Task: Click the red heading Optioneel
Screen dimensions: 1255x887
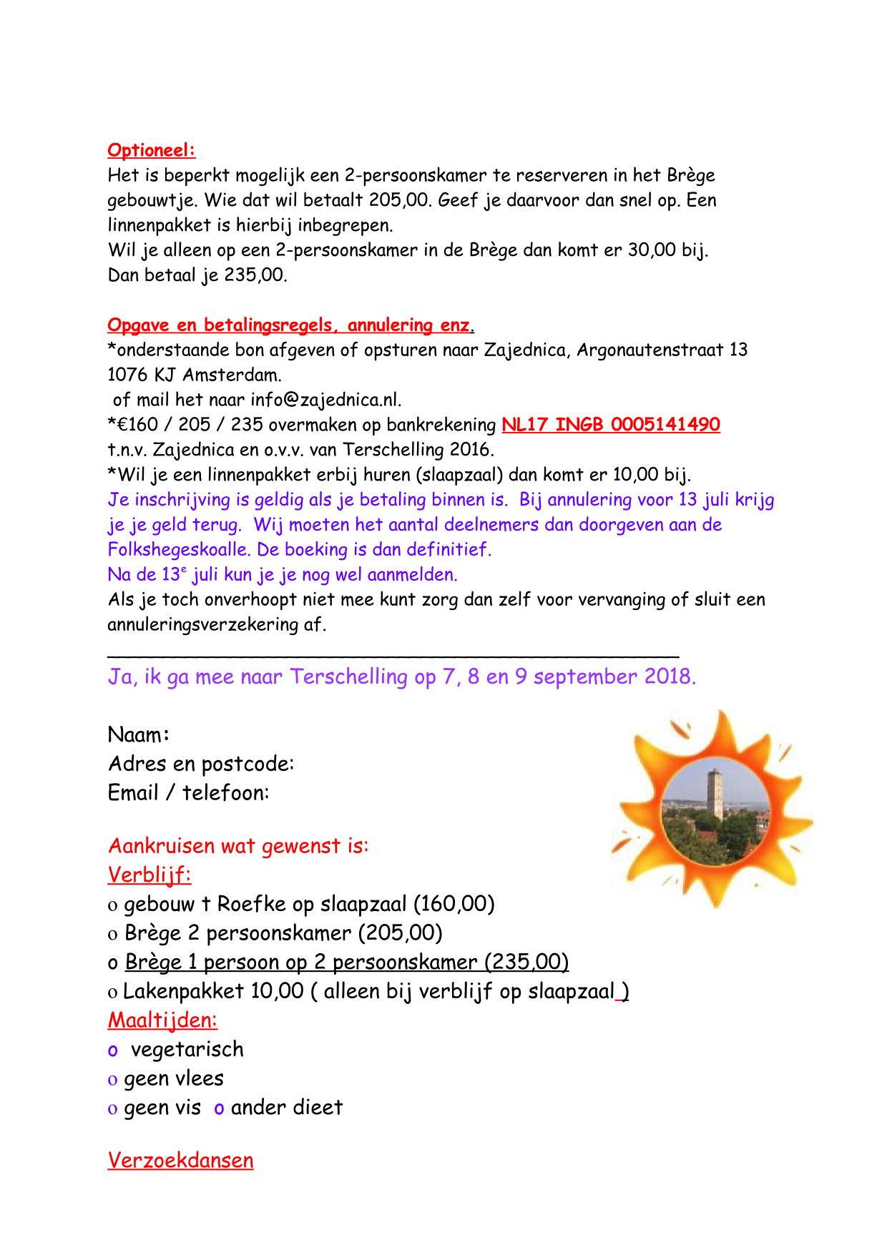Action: [151, 151]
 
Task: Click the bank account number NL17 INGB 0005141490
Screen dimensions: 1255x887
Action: [610, 425]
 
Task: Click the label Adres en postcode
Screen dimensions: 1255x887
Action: [201, 764]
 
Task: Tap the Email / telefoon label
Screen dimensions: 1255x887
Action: [188, 793]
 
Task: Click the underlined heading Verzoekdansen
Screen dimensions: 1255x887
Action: [180, 1160]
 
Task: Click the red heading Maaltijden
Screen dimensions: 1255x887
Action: [162, 1020]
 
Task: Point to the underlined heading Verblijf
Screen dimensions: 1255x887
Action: [149, 875]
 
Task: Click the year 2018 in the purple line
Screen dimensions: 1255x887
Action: [668, 677]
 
